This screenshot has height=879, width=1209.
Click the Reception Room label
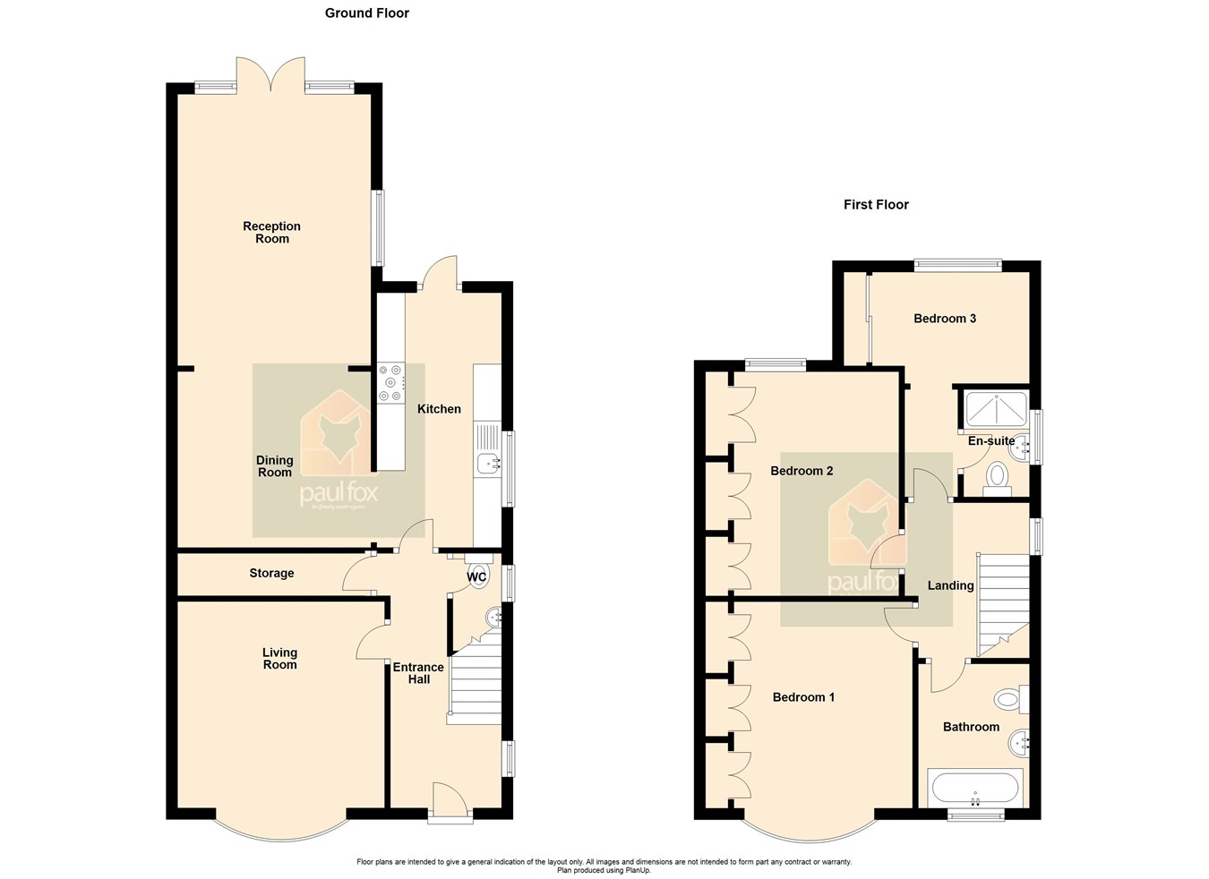pos(271,233)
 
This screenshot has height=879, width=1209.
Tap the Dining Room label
pos(275,466)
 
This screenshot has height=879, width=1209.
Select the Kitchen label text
pos(439,409)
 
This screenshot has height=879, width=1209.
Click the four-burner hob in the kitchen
pos(390,383)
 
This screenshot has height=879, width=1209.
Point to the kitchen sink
pos(487,463)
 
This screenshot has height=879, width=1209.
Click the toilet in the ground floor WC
pos(478,573)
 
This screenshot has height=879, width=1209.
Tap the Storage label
pos(271,573)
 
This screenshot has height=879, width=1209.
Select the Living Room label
pos(279,659)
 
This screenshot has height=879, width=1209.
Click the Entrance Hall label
pos(418,673)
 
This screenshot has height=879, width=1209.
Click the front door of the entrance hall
pos(450,798)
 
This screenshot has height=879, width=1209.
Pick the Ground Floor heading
pos(367,13)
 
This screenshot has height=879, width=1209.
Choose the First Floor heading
pos(876,204)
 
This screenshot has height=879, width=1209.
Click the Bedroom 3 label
pos(945,319)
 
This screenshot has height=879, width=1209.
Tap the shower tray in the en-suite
pos(994,409)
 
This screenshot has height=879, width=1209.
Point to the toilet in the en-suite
pos(996,479)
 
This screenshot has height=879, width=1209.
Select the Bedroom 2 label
pos(802,471)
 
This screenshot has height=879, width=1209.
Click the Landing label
pos(950,585)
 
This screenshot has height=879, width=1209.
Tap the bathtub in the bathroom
pos(974,789)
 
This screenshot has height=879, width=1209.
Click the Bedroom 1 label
pos(803,697)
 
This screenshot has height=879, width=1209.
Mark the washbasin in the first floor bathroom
pos(1019,741)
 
